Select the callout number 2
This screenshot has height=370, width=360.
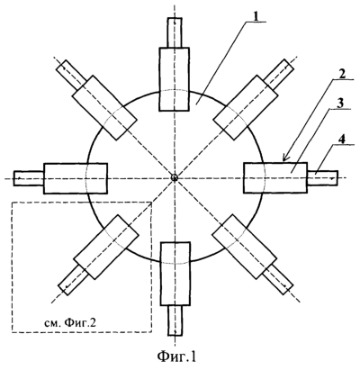(342, 74)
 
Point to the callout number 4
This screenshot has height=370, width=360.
(343, 139)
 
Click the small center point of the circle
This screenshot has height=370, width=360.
(175, 177)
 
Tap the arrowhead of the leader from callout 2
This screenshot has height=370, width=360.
(285, 158)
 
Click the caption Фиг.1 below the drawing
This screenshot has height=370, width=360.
(177, 356)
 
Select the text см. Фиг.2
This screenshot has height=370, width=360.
(71, 323)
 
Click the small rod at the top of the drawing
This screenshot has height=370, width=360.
(175, 32)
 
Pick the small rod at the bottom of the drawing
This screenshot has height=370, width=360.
(175, 320)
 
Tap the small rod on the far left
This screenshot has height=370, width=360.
(29, 178)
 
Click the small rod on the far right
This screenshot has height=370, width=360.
(323, 178)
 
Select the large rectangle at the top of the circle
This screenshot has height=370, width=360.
(175, 79)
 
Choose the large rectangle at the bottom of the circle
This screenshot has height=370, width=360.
(175, 274)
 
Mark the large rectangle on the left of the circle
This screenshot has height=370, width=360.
(76, 178)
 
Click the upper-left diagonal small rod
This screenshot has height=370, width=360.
(71, 75)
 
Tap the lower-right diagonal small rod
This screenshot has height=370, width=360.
(278, 280)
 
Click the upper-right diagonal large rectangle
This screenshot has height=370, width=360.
(245, 107)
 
